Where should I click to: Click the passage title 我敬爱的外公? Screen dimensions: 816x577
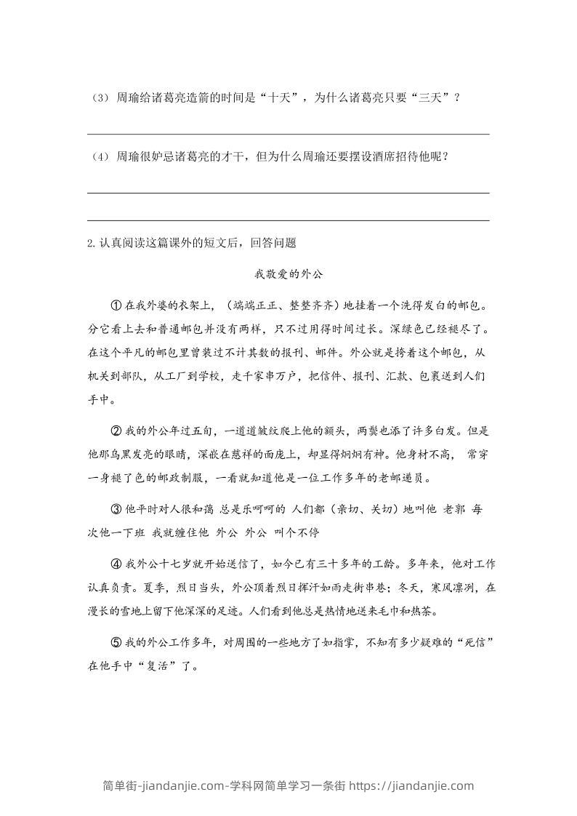tap(288, 274)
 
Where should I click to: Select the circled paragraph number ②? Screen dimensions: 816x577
tap(115, 431)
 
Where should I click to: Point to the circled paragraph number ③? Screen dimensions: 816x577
tap(115, 509)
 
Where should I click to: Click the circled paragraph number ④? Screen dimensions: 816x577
tap(115, 564)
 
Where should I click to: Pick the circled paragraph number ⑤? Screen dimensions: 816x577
tap(115, 642)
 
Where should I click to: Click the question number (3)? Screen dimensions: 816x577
tap(100, 98)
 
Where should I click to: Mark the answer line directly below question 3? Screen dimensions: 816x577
tap(288, 134)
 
